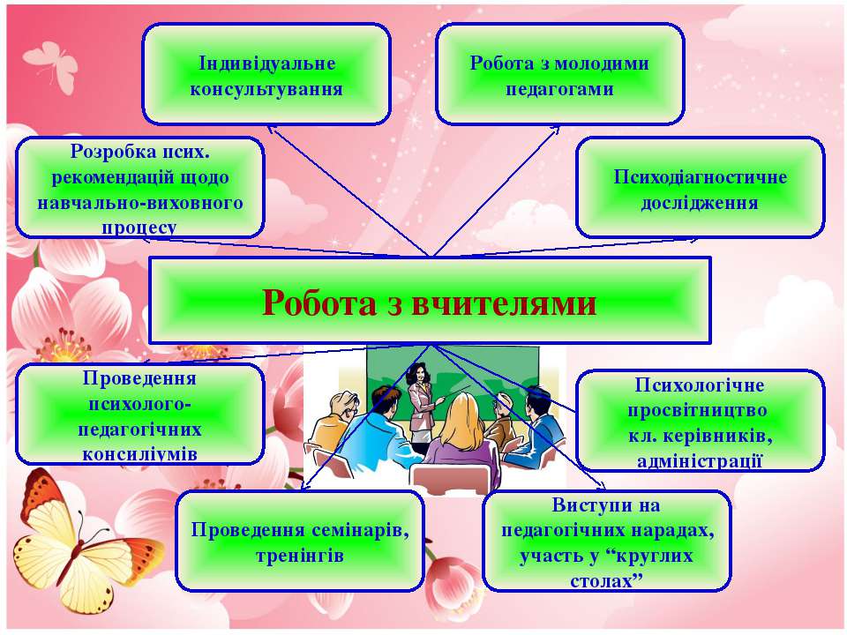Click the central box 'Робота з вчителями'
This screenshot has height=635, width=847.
click(x=430, y=300)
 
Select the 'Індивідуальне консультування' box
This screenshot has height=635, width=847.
click(x=266, y=74)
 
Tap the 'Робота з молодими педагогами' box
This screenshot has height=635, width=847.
click(x=559, y=74)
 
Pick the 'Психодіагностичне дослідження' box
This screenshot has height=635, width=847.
click(x=700, y=188)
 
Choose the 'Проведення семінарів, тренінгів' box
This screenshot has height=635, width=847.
click(x=300, y=541)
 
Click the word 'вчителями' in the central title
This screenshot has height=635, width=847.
click(x=504, y=303)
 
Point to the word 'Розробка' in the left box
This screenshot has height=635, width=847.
click(x=106, y=152)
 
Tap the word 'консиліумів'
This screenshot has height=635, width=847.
click(x=140, y=454)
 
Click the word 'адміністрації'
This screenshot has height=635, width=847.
click(x=700, y=461)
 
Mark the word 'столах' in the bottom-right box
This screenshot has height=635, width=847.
click(x=601, y=581)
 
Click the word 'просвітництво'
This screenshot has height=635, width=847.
click(x=697, y=410)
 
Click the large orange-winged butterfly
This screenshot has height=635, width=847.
click(x=81, y=545)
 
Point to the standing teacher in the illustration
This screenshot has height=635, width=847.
click(x=423, y=404)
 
